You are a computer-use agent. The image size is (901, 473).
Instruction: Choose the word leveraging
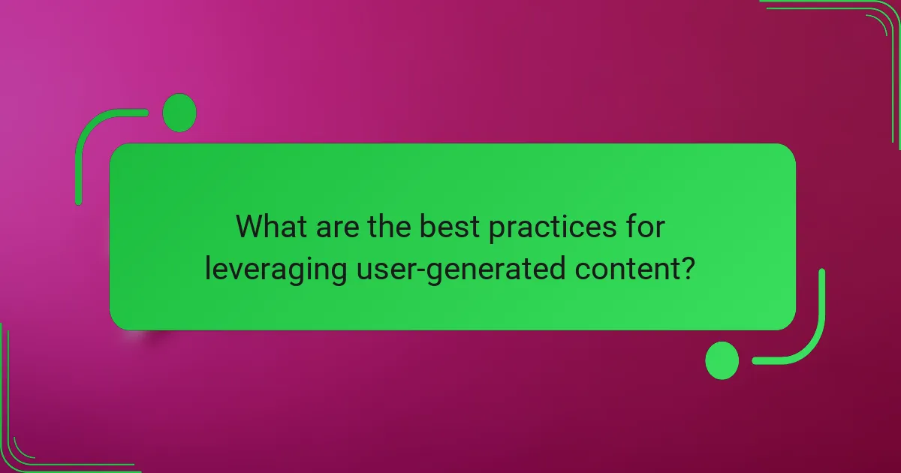(x=275, y=270)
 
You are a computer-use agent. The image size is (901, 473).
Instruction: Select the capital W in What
(x=250, y=227)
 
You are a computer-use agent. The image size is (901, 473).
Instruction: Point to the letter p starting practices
(x=497, y=229)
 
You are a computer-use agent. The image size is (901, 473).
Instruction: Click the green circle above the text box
(x=179, y=113)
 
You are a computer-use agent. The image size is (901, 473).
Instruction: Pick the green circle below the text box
(x=722, y=360)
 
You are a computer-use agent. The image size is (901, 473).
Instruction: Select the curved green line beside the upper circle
(x=90, y=135)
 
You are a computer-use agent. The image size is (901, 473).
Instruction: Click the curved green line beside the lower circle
(x=811, y=338)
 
